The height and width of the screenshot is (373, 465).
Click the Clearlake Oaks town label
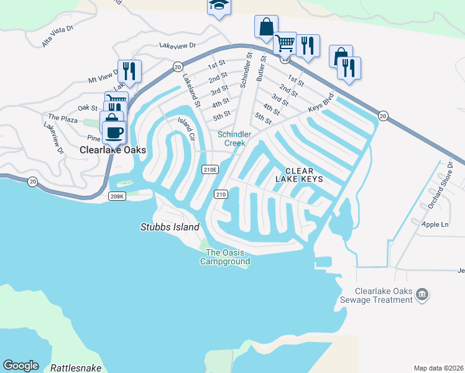point(113,150)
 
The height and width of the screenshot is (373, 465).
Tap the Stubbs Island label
point(170,227)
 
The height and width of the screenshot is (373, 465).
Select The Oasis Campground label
point(225,257)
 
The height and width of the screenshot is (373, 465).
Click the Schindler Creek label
point(234,139)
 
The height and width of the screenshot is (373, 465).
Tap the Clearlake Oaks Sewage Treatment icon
point(422,293)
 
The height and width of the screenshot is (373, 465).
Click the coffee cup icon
point(114,132)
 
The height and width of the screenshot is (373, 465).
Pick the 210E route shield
point(210,169)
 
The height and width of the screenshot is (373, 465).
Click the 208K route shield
point(117,196)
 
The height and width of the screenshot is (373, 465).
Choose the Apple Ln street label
point(435,224)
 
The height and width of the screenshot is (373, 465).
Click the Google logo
point(21,366)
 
